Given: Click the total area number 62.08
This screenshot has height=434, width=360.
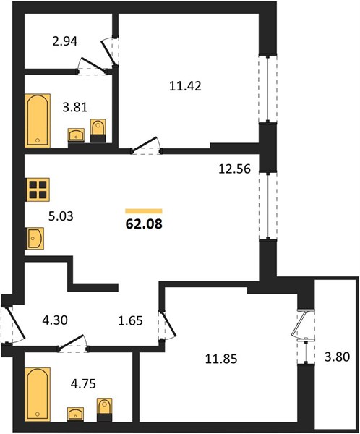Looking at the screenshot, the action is [x=144, y=224].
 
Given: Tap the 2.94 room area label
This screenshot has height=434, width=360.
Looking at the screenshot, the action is [x=65, y=41].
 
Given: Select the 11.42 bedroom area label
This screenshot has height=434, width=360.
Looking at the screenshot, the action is [x=185, y=86].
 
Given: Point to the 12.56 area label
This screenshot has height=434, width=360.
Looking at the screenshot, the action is [x=234, y=169].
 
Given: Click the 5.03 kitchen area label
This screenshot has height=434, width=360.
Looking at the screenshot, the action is [x=61, y=216].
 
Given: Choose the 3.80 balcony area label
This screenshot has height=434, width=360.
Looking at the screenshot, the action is [x=337, y=357].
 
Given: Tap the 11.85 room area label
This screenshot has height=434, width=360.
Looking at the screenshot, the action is [x=221, y=359].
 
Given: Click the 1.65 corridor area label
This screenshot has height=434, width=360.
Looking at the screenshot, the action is [x=130, y=320].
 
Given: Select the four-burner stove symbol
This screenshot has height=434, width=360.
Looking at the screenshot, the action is [x=38, y=190].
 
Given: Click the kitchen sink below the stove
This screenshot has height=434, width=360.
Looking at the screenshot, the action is [x=35, y=238].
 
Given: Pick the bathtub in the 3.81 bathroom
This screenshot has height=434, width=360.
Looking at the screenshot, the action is [x=38, y=121].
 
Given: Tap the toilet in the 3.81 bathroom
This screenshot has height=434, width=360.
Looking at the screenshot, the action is [x=98, y=131].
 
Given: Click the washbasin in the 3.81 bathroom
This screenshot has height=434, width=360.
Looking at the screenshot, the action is [x=76, y=135].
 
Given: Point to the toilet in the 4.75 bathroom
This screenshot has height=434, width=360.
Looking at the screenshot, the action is [x=105, y=409].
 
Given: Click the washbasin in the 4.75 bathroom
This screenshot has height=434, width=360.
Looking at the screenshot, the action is [x=75, y=414].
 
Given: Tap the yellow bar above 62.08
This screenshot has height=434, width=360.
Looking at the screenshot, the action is [x=144, y=211].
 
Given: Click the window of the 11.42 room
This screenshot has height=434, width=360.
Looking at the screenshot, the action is [x=268, y=88].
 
